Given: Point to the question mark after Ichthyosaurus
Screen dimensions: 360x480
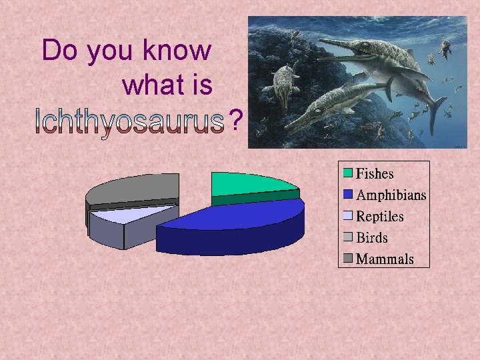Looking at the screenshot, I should click(234, 121).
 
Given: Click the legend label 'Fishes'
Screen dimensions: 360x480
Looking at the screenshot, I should click(375, 174).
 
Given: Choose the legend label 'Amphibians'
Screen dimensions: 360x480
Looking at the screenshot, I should click(391, 195).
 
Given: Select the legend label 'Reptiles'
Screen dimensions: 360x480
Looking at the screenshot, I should click(380, 217).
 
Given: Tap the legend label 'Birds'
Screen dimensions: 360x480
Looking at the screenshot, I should click(371, 238).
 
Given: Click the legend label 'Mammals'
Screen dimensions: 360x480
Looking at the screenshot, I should click(385, 259).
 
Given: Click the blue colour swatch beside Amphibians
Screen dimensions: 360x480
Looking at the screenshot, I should click(348, 195).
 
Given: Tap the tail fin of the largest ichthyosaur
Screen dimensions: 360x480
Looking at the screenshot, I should click(437, 107).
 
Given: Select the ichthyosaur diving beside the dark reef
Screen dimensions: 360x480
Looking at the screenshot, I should click(284, 83).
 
